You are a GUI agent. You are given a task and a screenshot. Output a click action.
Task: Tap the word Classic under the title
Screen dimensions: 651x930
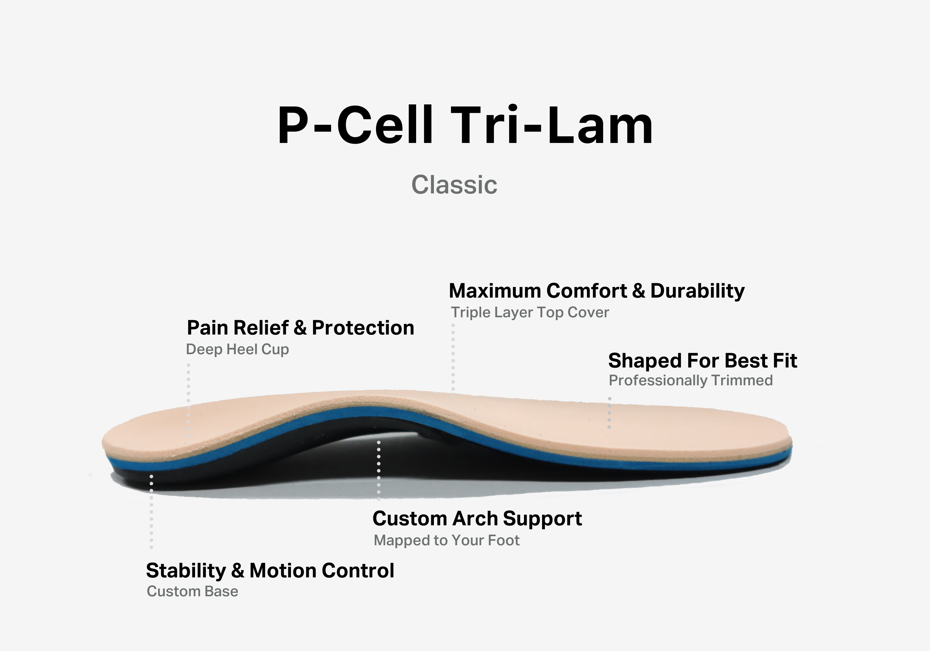(x=454, y=185)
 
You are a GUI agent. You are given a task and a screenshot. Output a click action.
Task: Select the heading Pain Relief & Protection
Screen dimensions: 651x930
(x=300, y=328)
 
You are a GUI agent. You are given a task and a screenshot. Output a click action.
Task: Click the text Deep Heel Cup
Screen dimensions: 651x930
(x=237, y=349)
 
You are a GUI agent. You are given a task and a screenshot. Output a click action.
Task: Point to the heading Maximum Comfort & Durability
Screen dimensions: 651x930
(x=597, y=291)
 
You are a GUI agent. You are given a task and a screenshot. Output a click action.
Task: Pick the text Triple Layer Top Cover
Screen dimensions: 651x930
(x=530, y=312)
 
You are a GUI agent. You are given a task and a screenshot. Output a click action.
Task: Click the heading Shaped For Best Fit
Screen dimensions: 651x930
(x=702, y=361)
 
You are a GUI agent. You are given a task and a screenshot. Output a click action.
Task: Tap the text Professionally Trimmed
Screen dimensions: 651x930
(x=691, y=381)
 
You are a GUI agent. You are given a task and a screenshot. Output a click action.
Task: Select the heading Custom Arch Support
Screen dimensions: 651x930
(x=477, y=518)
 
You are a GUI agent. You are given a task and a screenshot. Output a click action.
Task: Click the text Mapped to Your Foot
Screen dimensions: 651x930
(x=446, y=540)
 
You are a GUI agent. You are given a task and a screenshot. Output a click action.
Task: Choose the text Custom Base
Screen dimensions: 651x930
(x=192, y=591)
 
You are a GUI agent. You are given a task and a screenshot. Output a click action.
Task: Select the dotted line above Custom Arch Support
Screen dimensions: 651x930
(x=379, y=470)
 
